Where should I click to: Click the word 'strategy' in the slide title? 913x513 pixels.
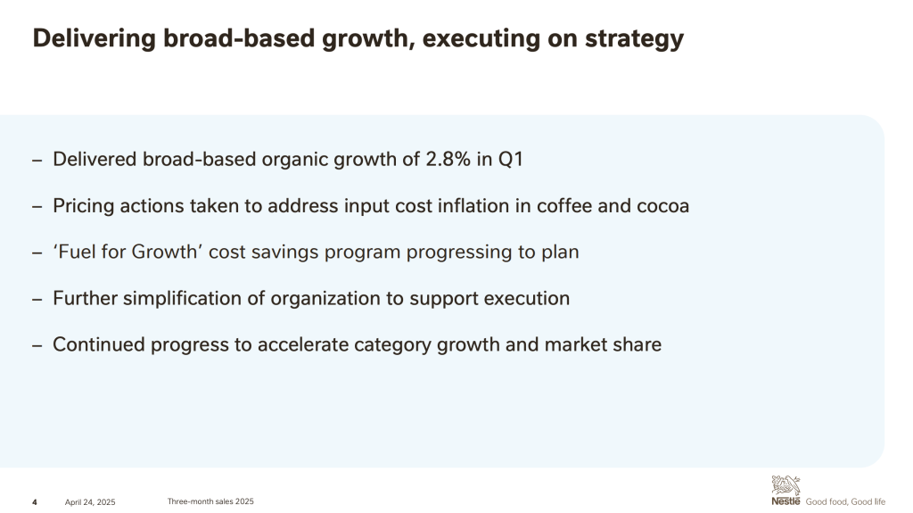pos(634,38)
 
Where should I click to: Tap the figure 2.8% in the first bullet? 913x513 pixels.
pos(448,159)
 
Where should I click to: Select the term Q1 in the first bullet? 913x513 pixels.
pos(511,159)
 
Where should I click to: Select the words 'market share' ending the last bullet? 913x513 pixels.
pos(603,344)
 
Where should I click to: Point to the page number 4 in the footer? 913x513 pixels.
pos(35,502)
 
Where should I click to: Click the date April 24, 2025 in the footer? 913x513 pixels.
pos(90,502)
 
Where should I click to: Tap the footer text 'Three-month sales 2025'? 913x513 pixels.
pos(210,501)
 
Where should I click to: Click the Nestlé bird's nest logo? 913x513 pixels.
pos(786,491)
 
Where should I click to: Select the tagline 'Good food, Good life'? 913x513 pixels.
pos(845,502)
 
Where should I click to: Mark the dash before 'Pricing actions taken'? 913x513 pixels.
pos(37,207)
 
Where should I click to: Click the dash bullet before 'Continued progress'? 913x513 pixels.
pos(37,345)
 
